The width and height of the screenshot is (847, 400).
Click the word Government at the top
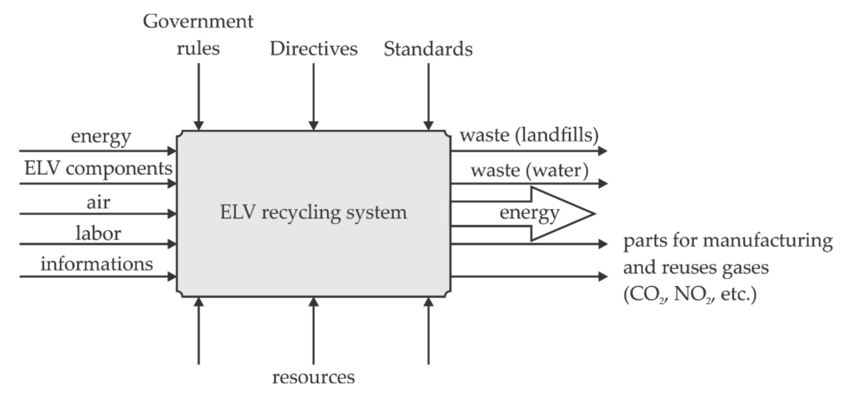coord(198,22)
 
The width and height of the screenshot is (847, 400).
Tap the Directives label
coord(313,49)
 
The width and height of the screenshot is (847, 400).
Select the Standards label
coord(428,49)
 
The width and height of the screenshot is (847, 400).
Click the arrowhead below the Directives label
coord(313,125)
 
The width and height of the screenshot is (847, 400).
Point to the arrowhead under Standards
coord(428,125)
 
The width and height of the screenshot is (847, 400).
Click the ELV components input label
coord(98,169)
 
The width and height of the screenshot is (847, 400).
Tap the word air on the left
coord(98,202)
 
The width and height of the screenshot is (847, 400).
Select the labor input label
coord(98,234)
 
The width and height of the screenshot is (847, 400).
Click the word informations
coord(97,264)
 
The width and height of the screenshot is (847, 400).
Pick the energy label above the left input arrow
coord(101,136)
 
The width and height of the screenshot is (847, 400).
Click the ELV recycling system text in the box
coord(313,212)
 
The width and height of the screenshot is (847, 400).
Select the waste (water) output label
coord(529,170)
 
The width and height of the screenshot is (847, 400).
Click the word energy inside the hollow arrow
coord(529,213)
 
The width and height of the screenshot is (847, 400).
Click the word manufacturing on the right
coord(767,241)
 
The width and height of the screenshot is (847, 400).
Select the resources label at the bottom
coord(313,377)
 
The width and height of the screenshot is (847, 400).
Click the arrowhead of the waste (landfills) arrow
coord(602,151)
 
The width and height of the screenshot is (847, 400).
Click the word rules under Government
coord(198,49)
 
